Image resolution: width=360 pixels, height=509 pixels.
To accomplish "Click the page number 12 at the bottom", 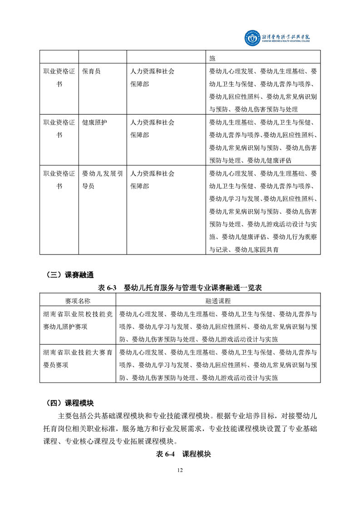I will click(x=180, y=470).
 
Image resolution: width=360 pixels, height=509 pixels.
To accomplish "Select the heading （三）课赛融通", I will click(x=69, y=274).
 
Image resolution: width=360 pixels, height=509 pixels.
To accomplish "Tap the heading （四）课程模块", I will click(x=69, y=403).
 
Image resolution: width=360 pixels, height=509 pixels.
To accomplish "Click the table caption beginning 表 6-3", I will click(x=180, y=288).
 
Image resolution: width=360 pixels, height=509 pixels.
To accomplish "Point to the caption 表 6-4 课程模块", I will click(x=180, y=454).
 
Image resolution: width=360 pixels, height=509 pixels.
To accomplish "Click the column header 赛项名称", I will click(x=78, y=301).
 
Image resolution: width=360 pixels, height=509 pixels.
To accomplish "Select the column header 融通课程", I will click(x=218, y=301).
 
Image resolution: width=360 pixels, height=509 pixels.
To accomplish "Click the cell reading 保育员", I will click(x=91, y=71).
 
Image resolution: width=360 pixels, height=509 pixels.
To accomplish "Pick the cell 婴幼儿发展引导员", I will click(x=102, y=180).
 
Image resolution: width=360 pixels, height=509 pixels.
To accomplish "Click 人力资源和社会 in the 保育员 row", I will click(x=153, y=71).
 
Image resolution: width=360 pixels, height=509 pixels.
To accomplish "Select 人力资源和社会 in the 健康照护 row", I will click(x=153, y=122).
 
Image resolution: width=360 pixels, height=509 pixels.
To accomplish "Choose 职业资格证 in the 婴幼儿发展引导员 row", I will click(x=59, y=173).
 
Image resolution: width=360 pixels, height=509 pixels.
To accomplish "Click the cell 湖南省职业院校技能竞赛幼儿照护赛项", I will click(x=78, y=320).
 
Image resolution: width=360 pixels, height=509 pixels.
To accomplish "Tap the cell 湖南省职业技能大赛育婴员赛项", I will click(x=78, y=358).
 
